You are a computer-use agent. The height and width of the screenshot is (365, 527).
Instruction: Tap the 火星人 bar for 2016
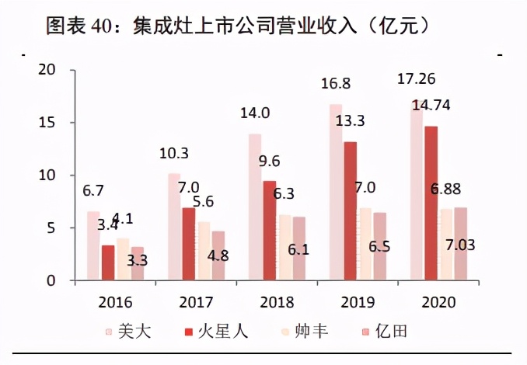coord(108,262)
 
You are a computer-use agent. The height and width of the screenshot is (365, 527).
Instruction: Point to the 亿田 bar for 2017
coord(218,255)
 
